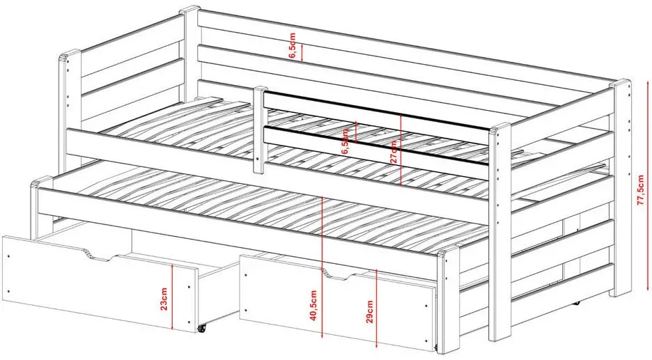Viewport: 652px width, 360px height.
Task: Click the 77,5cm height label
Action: click(640, 188)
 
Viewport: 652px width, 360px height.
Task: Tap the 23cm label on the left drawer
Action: click(164, 299)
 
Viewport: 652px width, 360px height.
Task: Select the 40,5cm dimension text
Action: click(313, 306)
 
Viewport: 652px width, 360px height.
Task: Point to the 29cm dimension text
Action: click(370, 311)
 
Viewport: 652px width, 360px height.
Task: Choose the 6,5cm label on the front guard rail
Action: click(345, 141)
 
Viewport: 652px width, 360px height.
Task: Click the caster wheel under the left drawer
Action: click(203, 328)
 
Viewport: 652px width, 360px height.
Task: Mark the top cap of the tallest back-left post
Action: click(189, 10)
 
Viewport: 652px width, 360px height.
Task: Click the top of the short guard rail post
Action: click(261, 89)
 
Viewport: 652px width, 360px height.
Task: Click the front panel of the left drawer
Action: click(100, 283)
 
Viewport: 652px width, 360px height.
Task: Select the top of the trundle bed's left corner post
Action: click(40, 182)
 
